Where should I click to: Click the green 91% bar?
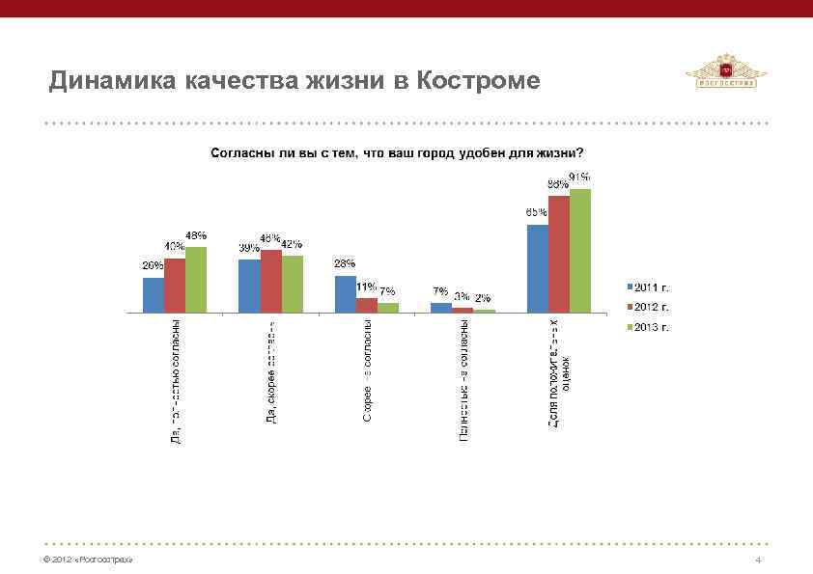coord(579,250)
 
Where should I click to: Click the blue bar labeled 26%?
coord(153,295)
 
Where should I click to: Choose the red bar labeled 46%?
coord(270,281)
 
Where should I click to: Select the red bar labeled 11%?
coord(366,305)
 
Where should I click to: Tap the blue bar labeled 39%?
coord(249,286)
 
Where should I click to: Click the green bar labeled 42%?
coord(292,284)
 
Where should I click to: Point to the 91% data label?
coord(579,178)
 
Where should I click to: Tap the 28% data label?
coord(345,263)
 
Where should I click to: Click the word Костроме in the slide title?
coord(479,80)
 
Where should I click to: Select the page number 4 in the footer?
coord(760,560)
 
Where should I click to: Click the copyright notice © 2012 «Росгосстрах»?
coord(82,560)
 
